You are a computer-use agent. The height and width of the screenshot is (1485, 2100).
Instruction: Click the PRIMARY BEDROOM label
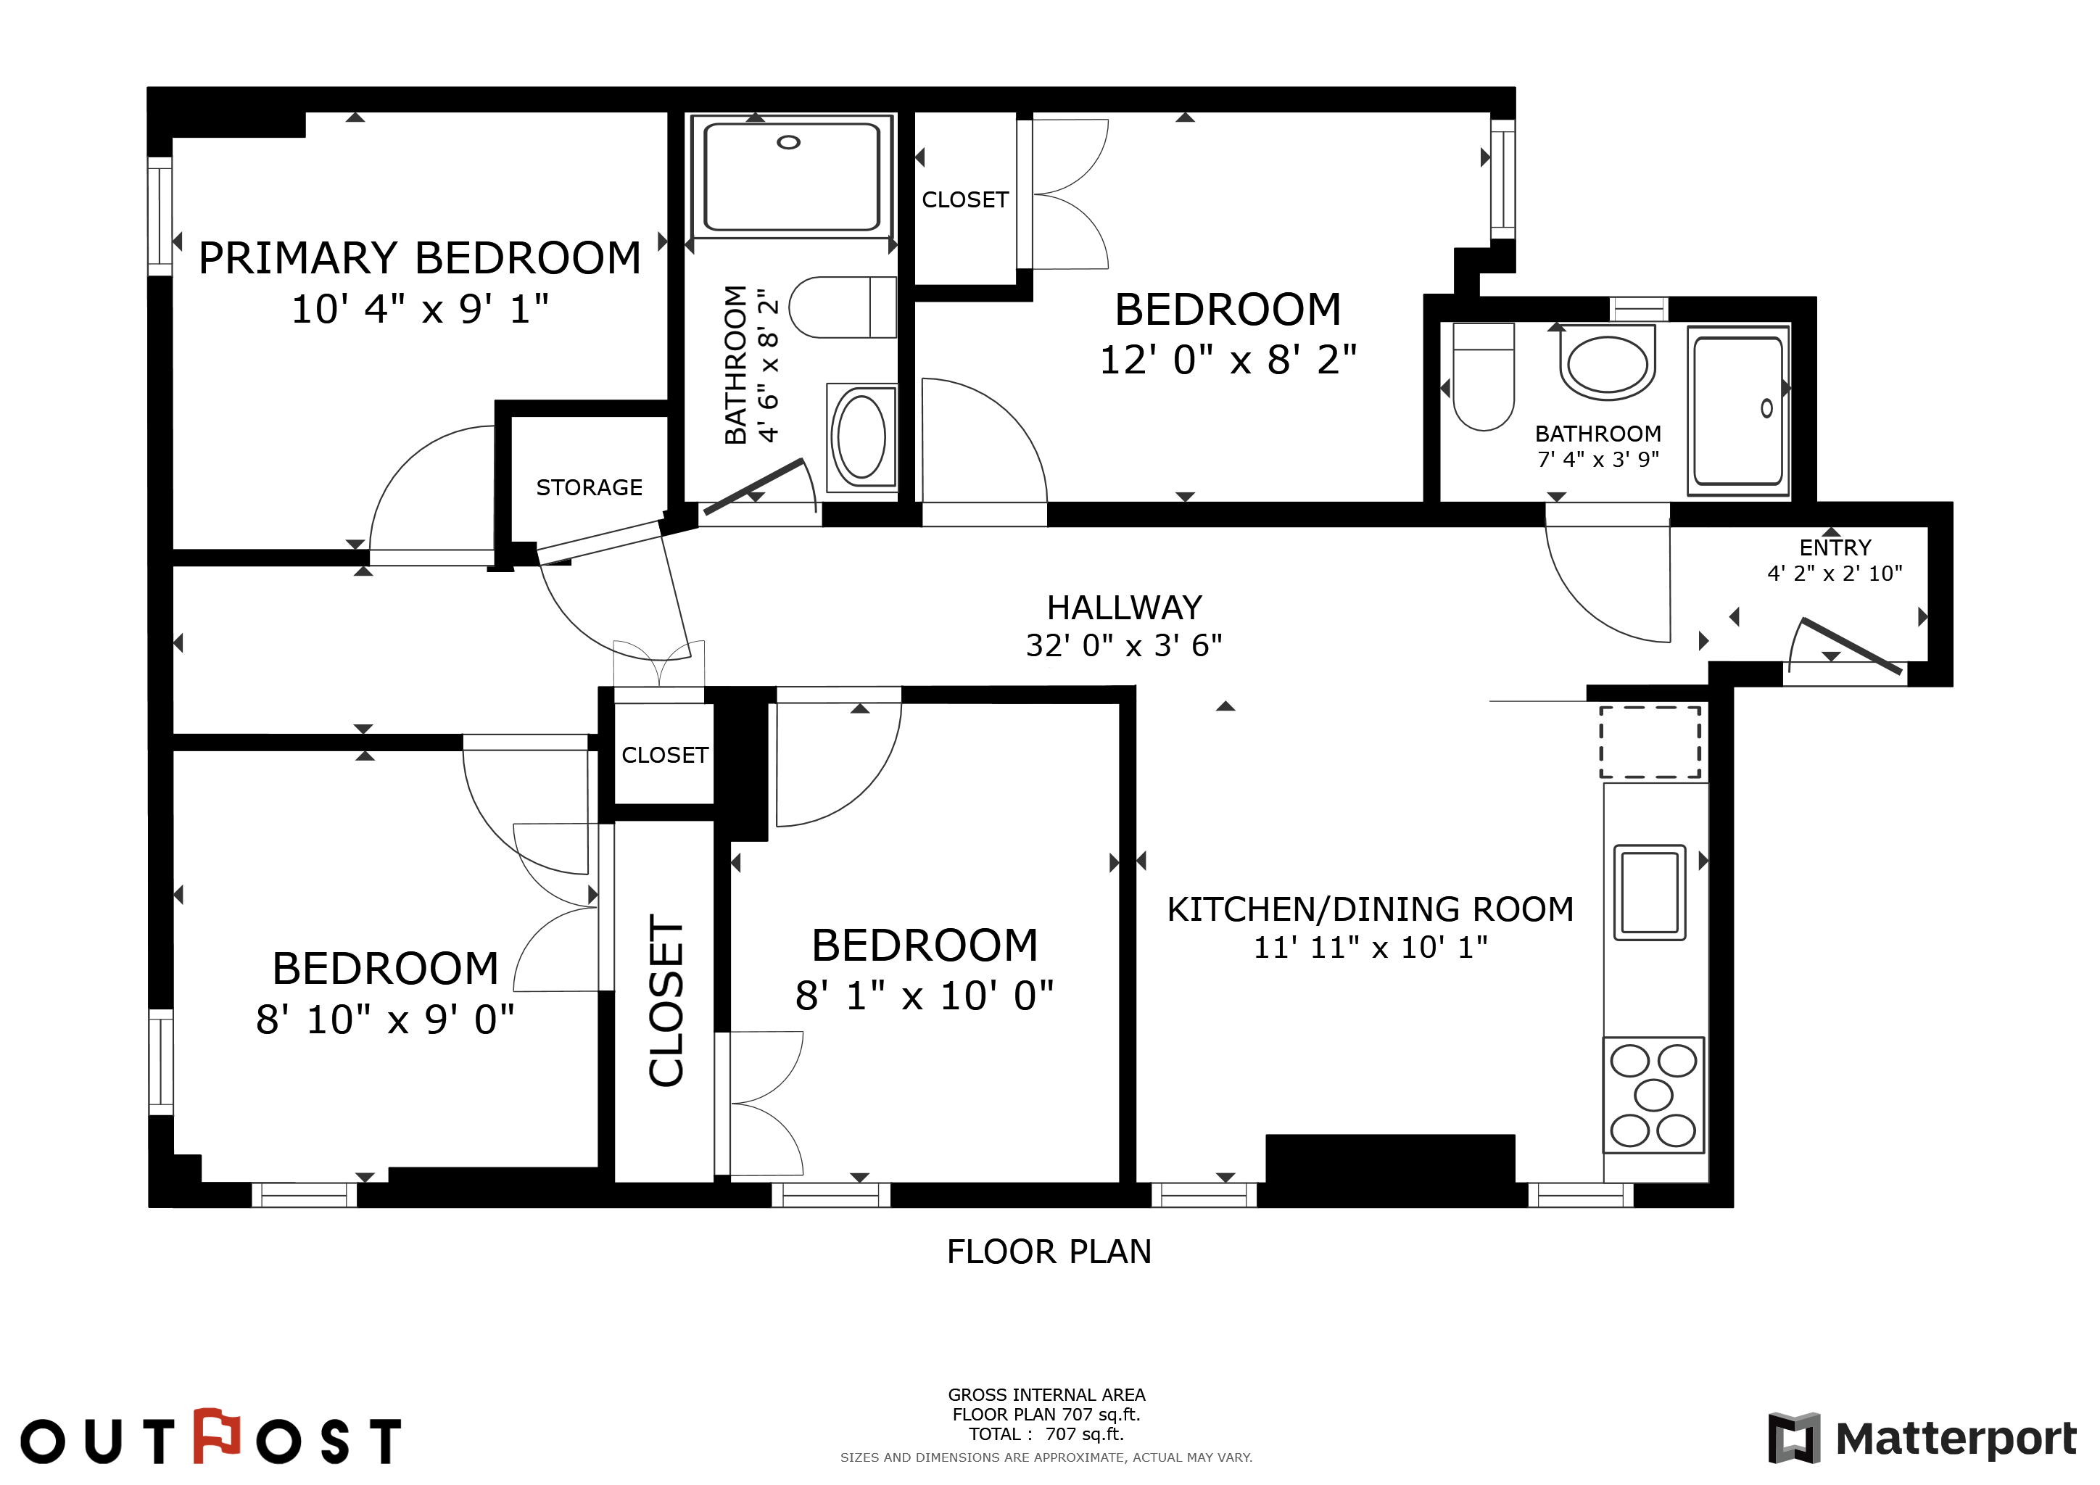coord(420,258)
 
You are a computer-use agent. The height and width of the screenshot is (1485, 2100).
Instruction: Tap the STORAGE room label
coord(589,487)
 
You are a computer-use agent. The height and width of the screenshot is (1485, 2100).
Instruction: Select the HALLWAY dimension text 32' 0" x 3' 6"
coord(1124,645)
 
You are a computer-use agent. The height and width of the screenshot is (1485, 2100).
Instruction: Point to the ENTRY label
coord(1835,547)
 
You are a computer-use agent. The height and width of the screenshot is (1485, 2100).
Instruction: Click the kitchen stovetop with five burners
coord(1653,1095)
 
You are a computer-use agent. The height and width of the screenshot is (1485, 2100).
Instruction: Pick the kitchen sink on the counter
coord(1650,893)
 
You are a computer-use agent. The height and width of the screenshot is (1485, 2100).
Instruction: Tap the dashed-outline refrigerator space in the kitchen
coord(1650,742)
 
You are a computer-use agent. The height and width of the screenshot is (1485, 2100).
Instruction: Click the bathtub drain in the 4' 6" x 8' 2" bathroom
coord(788,143)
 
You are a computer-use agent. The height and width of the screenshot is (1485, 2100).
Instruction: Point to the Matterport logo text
coord(1956,1439)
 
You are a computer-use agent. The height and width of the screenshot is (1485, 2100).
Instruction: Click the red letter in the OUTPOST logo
coord(217,1436)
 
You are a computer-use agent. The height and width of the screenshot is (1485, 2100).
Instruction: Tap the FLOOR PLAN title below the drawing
coord(1049,1251)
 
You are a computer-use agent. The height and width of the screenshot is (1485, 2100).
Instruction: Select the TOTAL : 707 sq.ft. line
coord(1046,1434)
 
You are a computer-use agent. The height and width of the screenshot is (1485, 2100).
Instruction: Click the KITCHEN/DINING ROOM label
coord(1370,909)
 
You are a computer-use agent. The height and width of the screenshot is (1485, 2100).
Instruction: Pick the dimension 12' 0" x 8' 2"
coord(1228,360)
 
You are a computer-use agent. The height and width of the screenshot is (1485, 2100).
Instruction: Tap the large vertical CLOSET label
coord(666,1001)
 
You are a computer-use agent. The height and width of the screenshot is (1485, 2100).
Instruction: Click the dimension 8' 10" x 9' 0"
coord(385,1019)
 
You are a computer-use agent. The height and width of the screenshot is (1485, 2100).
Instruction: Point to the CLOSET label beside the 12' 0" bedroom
coord(965,199)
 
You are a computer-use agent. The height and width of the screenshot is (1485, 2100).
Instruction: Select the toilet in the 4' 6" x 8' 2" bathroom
coord(843,307)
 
